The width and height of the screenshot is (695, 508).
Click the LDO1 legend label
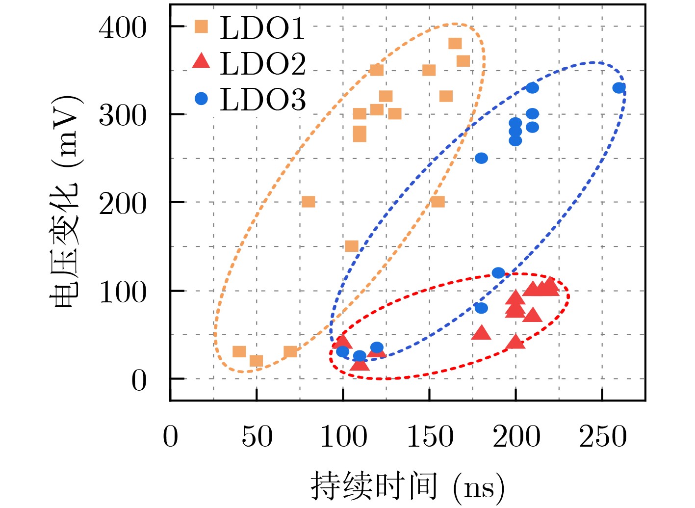pyautogui.click(x=262, y=28)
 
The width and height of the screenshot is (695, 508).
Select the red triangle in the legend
pyautogui.click(x=201, y=61)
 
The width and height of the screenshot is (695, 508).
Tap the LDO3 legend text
pyautogui.click(x=262, y=100)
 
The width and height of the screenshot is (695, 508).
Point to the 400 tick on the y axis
pyautogui.click(x=123, y=28)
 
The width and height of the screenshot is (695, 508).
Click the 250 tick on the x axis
pyautogui.click(x=603, y=436)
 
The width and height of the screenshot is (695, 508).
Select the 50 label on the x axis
pyautogui.click(x=257, y=436)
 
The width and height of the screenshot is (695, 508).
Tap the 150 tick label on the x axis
pyautogui.click(x=430, y=436)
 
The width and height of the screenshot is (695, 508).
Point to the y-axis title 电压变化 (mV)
pyautogui.click(x=66, y=201)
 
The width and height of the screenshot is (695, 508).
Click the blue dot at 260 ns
pyautogui.click(x=619, y=88)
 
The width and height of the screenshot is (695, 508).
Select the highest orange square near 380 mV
pyautogui.click(x=455, y=44)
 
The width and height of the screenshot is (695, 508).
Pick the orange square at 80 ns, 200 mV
pyautogui.click(x=308, y=202)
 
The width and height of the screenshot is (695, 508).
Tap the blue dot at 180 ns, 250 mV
pyautogui.click(x=481, y=158)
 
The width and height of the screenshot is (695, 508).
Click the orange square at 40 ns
pyautogui.click(x=239, y=352)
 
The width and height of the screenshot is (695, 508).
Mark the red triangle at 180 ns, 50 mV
pyautogui.click(x=481, y=333)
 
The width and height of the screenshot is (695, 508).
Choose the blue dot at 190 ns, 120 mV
pyautogui.click(x=498, y=273)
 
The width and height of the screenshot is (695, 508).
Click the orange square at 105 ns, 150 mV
pyautogui.click(x=351, y=246)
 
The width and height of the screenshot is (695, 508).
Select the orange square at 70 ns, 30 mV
pyautogui.click(x=290, y=352)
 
